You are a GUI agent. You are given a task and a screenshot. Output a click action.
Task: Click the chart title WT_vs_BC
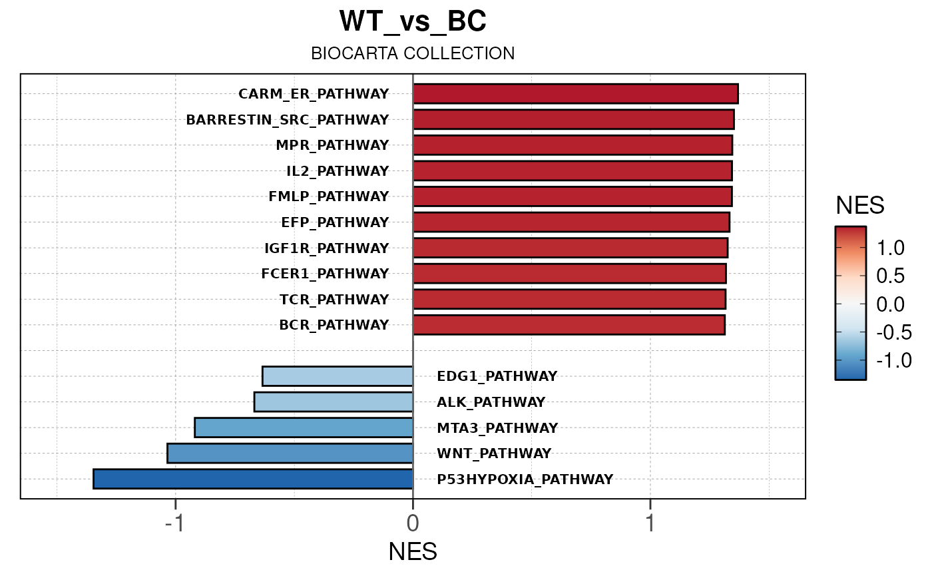pos(413,21)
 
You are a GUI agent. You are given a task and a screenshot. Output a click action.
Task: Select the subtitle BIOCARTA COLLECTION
pos(413,53)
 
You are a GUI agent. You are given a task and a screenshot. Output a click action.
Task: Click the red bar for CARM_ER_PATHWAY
pos(575,94)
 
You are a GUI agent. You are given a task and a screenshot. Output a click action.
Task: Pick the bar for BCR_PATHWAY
pos(569,325)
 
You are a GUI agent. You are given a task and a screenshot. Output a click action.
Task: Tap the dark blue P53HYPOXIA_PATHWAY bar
pos(253,479)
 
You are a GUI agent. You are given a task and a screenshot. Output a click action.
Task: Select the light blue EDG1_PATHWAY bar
pos(338,376)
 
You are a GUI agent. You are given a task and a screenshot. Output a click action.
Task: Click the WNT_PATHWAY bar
pos(290,453)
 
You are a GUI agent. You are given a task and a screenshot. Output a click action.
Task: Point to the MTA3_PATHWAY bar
pos(304,428)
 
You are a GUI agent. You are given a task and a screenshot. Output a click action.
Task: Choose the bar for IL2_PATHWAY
pos(573,171)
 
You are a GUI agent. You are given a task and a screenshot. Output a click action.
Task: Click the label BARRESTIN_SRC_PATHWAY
pos(287,120)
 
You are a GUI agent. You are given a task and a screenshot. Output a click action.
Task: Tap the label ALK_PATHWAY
pos(491,402)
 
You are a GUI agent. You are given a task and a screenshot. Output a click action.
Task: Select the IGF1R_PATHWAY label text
pos(326,248)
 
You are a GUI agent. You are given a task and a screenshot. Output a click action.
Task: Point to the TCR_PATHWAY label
pos(334,300)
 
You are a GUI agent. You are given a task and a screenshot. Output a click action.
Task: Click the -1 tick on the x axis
pos(174,523)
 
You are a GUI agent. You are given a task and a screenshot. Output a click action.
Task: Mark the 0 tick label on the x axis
pos(413,523)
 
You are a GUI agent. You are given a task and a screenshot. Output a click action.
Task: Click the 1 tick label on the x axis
pos(650,523)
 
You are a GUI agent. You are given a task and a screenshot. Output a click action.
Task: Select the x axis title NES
pos(413,552)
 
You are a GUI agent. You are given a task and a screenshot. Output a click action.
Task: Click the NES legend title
pos(860,206)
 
